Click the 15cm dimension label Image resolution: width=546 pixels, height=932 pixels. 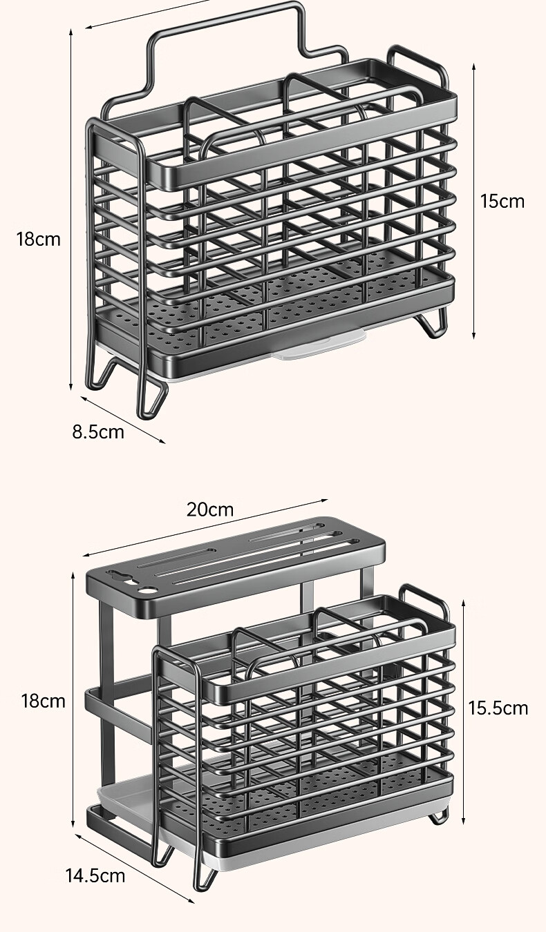pyautogui.click(x=502, y=202)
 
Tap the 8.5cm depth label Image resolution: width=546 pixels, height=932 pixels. pyautogui.click(x=98, y=432)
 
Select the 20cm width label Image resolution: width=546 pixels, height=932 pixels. pyautogui.click(x=210, y=509)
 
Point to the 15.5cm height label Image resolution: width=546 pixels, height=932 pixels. pyautogui.click(x=498, y=708)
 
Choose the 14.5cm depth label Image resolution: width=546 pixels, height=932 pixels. pyautogui.click(x=95, y=876)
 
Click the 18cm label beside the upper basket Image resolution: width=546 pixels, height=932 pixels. pyautogui.click(x=38, y=240)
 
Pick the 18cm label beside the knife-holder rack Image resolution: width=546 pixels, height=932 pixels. pyautogui.click(x=44, y=701)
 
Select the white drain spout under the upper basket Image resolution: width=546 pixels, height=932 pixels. pyautogui.click(x=319, y=345)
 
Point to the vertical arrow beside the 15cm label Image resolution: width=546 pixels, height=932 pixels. pyautogui.click(x=474, y=202)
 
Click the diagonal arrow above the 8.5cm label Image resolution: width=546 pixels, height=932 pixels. pyautogui.click(x=123, y=420)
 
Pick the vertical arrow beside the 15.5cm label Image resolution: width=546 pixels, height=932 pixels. pyautogui.click(x=464, y=712)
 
